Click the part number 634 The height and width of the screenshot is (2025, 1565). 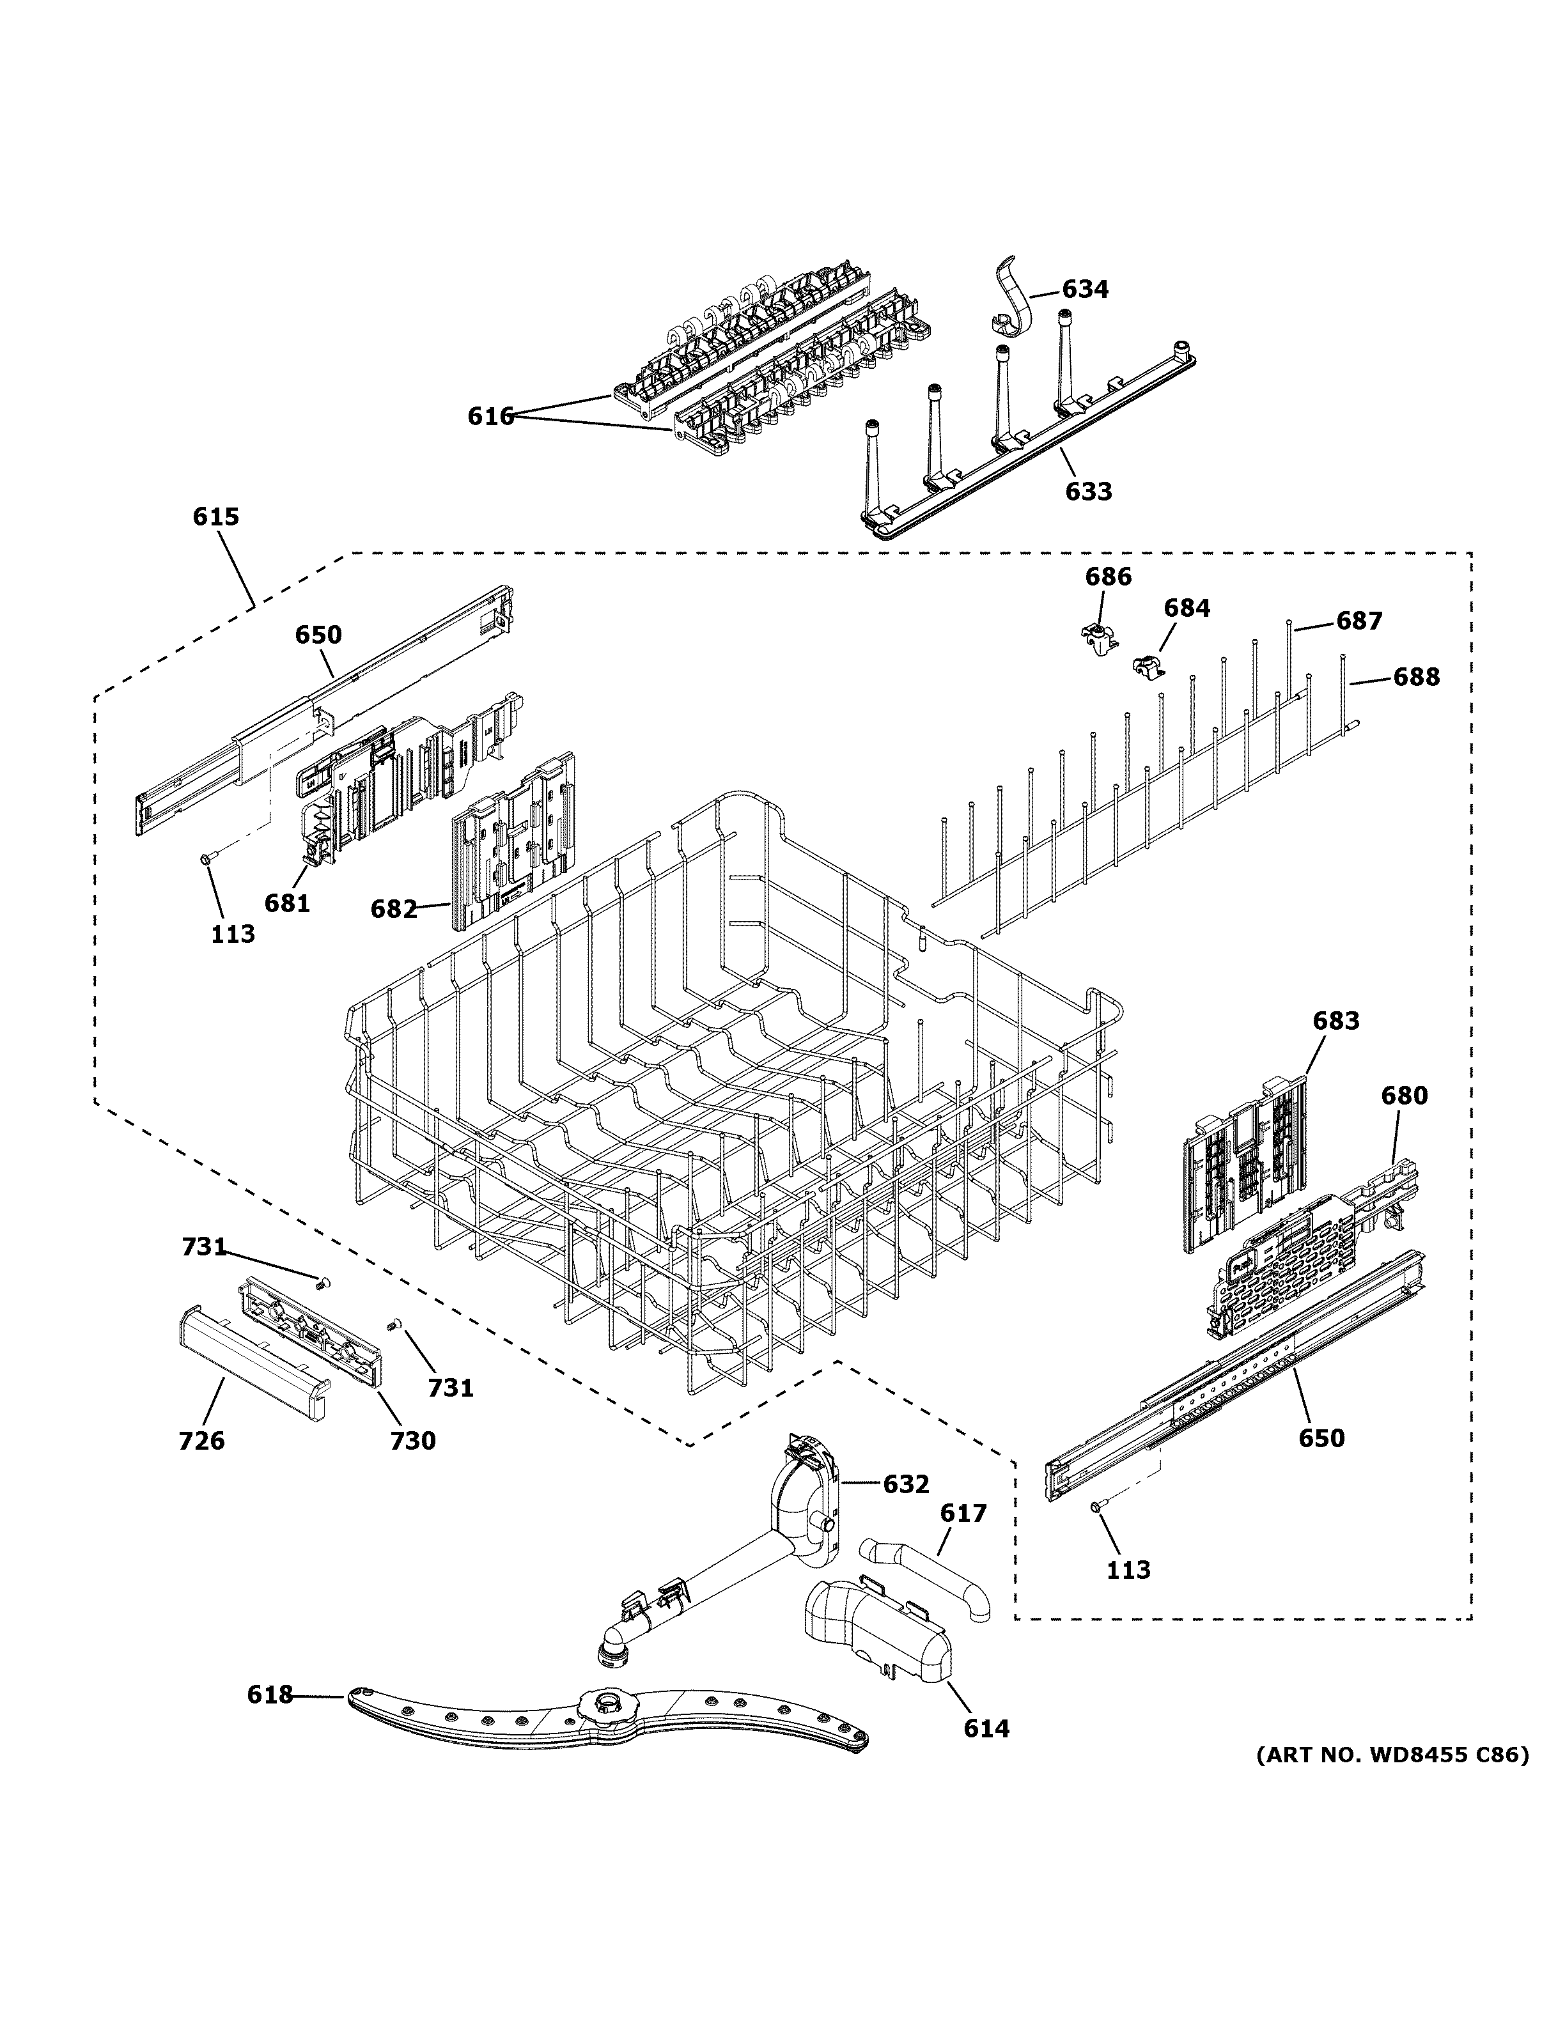pyautogui.click(x=1085, y=290)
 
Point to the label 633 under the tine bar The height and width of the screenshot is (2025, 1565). pyautogui.click(x=1087, y=492)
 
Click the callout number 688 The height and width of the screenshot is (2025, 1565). pyautogui.click(x=1416, y=678)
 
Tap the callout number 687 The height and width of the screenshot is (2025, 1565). pyautogui.click(x=1359, y=621)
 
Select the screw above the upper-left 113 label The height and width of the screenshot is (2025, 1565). pyautogui.click(x=206, y=860)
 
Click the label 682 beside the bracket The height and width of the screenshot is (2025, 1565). pyautogui.click(x=394, y=910)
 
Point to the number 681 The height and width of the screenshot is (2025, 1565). pyautogui.click(x=286, y=902)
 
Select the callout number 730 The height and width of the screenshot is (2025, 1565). pyautogui.click(x=412, y=1440)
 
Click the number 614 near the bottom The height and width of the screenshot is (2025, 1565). pyautogui.click(x=986, y=1728)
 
